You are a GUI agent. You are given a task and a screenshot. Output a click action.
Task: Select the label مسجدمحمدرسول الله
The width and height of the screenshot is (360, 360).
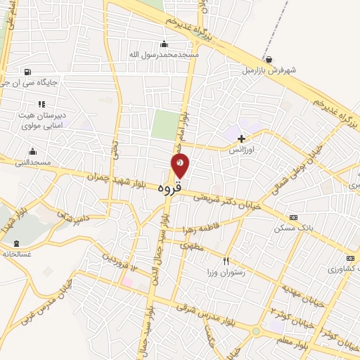[x=164, y=54]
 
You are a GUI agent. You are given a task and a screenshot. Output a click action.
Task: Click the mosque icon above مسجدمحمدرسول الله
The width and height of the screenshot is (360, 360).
[x=165, y=44]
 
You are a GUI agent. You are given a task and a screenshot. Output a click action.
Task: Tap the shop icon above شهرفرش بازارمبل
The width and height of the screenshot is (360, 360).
[x=269, y=59]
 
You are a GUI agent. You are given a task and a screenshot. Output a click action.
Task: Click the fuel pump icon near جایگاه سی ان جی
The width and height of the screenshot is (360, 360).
[x=27, y=71]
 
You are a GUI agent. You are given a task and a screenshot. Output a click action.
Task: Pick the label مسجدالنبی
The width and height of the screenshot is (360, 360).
[x=32, y=162]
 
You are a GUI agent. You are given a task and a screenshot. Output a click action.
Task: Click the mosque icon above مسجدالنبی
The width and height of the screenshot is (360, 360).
[x=32, y=152]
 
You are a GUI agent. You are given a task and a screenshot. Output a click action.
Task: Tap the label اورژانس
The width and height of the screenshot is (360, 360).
[x=241, y=150]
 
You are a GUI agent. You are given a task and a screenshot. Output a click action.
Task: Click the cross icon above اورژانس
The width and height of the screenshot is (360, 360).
[x=242, y=139]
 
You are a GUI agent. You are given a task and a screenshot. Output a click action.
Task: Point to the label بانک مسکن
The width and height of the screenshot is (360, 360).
[x=293, y=229]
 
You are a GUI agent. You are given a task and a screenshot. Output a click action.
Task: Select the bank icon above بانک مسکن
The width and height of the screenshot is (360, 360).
[x=293, y=218]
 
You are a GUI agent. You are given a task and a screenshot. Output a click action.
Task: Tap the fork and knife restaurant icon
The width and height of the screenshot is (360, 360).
[x=226, y=260]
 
